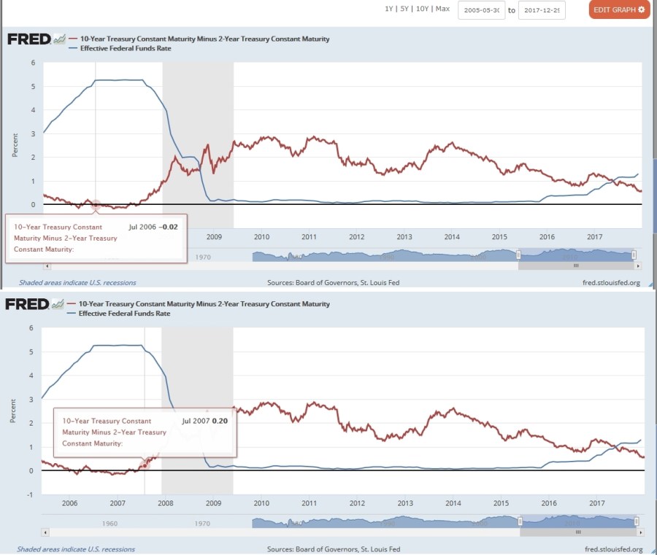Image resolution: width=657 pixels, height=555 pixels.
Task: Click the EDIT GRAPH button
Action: (618, 9)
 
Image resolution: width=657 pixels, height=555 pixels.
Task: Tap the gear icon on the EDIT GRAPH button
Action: (641, 9)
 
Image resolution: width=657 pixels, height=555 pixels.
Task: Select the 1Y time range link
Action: (389, 9)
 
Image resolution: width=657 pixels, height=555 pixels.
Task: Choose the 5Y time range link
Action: (404, 9)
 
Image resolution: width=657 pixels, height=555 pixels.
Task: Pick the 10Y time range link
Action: (422, 9)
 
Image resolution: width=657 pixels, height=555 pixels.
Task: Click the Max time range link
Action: (442, 9)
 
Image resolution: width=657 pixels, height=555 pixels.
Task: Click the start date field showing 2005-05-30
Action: (481, 10)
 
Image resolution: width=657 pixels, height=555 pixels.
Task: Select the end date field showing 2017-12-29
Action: (542, 10)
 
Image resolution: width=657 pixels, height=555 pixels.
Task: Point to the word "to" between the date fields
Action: (512, 10)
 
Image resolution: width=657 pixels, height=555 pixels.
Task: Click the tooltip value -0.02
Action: (169, 228)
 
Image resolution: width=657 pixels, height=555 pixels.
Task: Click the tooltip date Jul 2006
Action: (142, 228)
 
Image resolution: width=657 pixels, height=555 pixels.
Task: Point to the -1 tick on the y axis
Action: (31, 494)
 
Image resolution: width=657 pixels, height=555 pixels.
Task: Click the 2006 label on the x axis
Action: (69, 503)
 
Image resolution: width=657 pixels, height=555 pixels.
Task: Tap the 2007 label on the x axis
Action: (117, 503)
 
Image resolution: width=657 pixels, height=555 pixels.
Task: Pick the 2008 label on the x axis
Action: (165, 503)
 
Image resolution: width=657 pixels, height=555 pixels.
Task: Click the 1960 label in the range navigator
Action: (109, 524)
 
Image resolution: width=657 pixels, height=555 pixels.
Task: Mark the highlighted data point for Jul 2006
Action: (96, 205)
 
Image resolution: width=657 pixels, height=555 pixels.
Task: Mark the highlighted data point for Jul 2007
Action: (145, 465)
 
